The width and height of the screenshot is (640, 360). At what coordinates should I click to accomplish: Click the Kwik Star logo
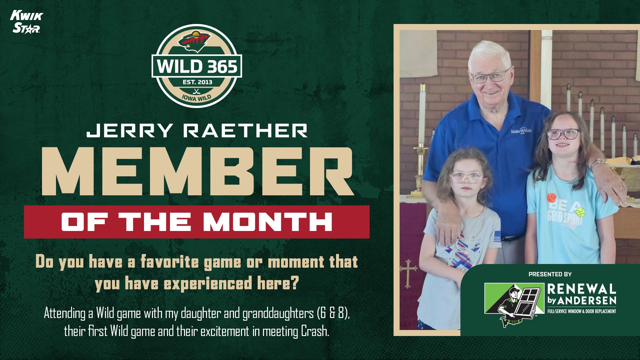coord(27,22)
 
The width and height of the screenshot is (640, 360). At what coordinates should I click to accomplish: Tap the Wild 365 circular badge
coord(197,66)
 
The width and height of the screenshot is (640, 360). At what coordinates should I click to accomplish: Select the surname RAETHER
coord(245,130)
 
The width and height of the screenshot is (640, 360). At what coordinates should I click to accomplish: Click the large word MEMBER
coord(197,171)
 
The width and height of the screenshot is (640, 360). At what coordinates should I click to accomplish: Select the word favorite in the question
coord(170,262)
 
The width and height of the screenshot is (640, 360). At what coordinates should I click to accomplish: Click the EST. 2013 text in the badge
coord(197,82)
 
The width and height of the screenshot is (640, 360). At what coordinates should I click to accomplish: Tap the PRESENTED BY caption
coord(550,274)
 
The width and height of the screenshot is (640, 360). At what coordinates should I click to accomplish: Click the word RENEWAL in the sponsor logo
coord(581,289)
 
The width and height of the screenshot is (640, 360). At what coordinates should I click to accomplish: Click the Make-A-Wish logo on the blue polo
coord(521,131)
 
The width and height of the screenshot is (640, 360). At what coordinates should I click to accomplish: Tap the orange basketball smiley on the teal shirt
coord(551,198)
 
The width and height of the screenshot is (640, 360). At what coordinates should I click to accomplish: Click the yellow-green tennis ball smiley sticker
coord(580,211)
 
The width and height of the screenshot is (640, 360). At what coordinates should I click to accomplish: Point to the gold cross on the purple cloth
coord(408,273)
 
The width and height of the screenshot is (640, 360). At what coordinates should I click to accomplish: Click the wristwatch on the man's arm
coord(599,162)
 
